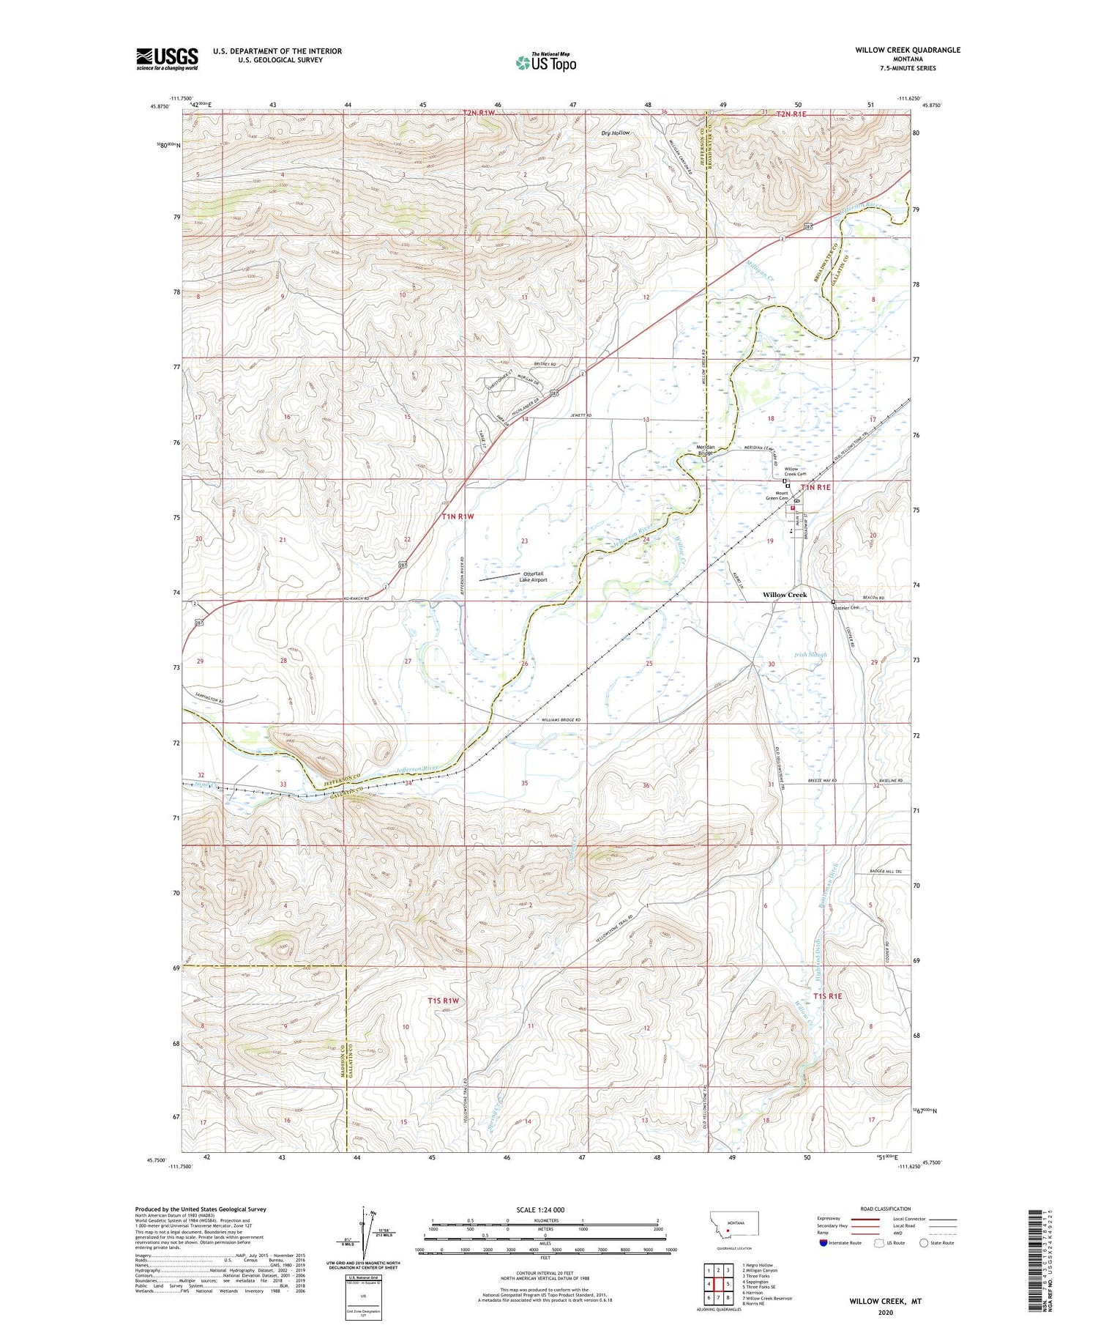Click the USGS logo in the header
(x=167, y=59)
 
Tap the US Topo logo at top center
(x=545, y=63)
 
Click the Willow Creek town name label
(x=785, y=595)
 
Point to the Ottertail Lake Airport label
(x=533, y=576)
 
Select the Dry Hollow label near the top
(x=615, y=133)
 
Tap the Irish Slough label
(x=810, y=655)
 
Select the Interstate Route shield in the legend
(x=823, y=1243)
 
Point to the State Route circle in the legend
(x=924, y=1243)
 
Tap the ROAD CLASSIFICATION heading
(x=885, y=1209)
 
